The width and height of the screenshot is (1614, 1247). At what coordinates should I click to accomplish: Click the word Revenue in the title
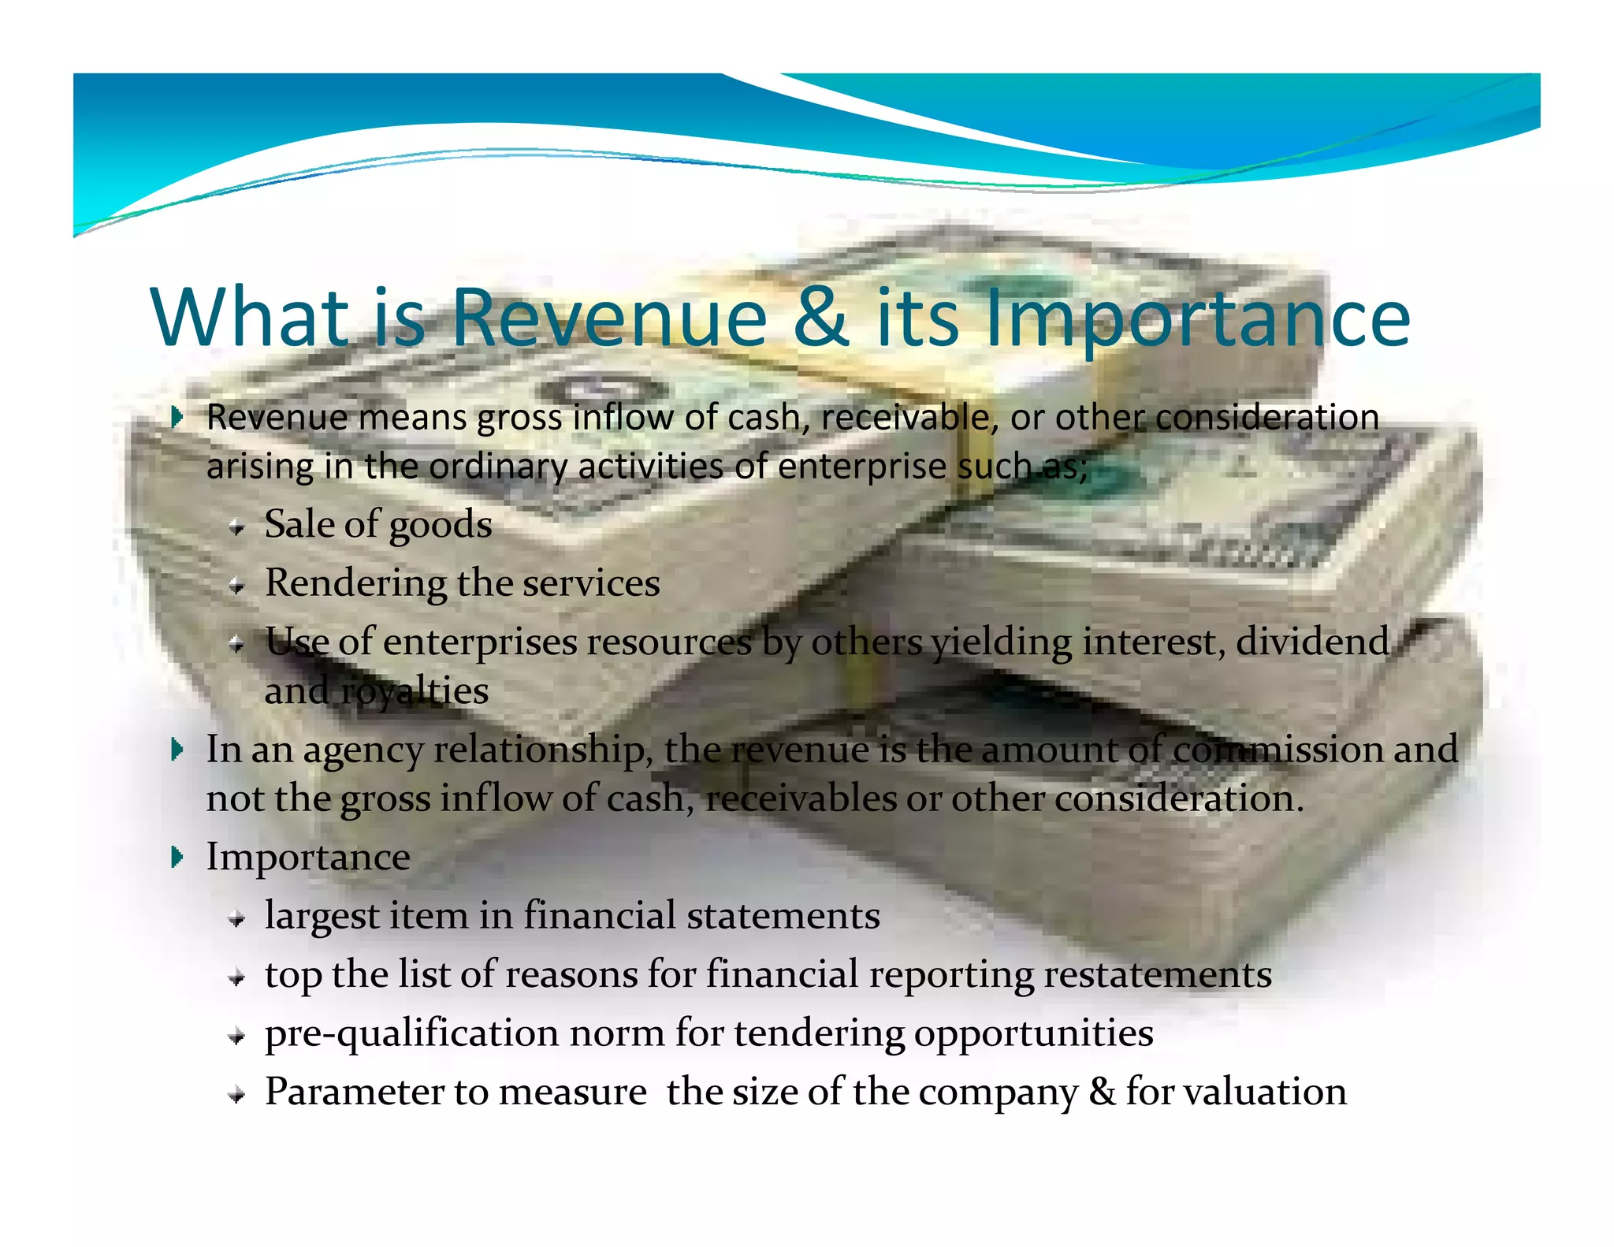[x=608, y=318]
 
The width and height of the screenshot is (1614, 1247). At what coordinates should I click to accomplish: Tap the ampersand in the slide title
[x=821, y=318]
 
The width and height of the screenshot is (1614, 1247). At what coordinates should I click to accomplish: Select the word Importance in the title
[x=1197, y=319]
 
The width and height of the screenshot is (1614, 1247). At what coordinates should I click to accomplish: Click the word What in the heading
[x=251, y=318]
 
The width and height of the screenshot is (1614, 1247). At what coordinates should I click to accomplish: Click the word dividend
[x=1312, y=642]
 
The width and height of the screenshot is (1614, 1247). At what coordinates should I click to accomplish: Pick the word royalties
[x=414, y=692]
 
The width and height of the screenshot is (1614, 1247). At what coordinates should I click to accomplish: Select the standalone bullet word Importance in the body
[x=308, y=858]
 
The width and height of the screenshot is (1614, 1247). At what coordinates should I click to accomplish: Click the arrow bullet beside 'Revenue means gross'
[x=177, y=417]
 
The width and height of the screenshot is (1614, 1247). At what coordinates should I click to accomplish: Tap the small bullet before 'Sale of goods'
[x=236, y=527]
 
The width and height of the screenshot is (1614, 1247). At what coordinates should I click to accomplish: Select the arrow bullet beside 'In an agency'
[x=177, y=750]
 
